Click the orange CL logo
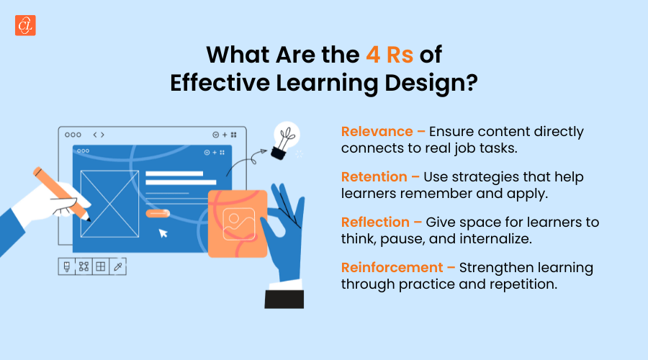(25, 25)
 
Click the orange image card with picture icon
(237, 223)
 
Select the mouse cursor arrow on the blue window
(164, 233)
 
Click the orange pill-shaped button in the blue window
(157, 213)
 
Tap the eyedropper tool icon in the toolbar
(118, 266)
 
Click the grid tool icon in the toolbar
(101, 266)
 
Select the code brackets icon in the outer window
(99, 135)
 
